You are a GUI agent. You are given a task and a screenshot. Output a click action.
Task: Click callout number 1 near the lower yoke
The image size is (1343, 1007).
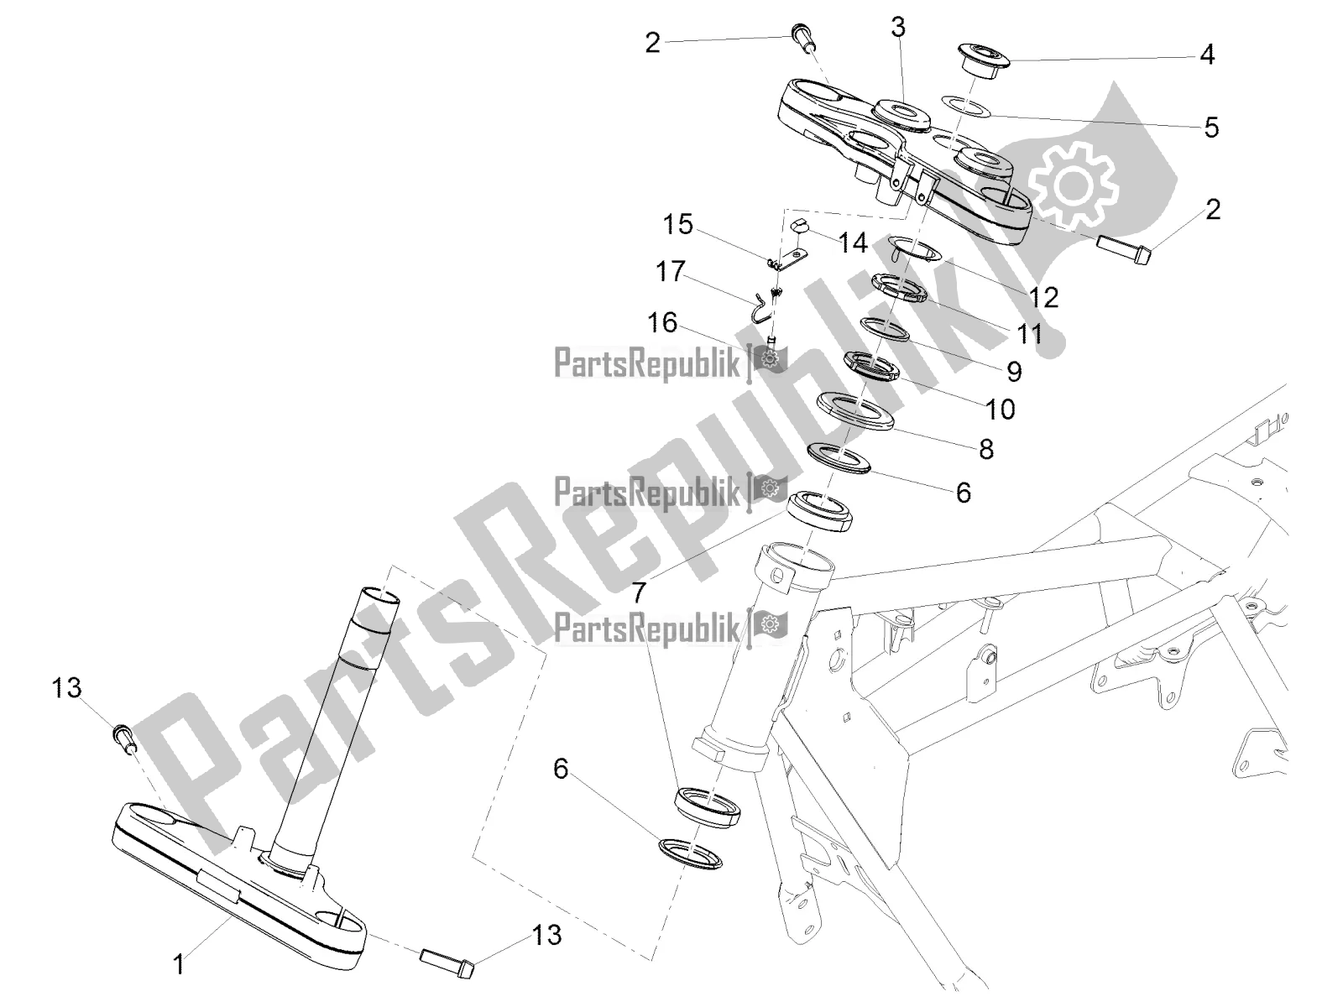click(178, 966)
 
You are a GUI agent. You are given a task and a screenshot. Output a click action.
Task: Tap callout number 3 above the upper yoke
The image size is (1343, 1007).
click(898, 28)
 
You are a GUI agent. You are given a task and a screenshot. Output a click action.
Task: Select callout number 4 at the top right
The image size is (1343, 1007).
click(1206, 55)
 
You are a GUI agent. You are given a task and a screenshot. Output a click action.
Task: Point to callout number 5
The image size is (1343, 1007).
click(1210, 128)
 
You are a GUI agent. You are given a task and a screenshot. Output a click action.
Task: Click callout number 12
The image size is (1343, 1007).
click(1046, 296)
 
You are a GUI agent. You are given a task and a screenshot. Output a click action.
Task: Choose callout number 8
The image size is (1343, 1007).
click(985, 449)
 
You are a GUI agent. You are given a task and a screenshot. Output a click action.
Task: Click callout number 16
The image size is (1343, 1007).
click(662, 322)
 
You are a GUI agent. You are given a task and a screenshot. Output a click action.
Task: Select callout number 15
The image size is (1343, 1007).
click(678, 224)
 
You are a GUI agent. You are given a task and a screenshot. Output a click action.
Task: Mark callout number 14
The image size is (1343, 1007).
click(852, 243)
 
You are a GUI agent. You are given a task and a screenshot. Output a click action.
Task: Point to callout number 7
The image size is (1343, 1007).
click(639, 592)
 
